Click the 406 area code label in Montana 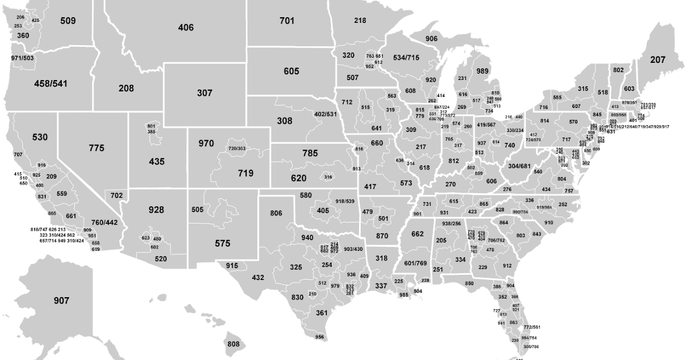(186, 27)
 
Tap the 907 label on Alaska (62, 301)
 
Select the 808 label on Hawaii (233, 344)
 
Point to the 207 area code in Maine (657, 59)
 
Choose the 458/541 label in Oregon (50, 83)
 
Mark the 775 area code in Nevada (97, 148)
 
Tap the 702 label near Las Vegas (117, 195)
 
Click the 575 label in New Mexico (222, 243)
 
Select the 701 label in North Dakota (287, 21)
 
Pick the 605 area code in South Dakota (291, 71)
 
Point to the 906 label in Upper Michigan (432, 39)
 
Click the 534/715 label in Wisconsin (406, 58)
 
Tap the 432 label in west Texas (258, 278)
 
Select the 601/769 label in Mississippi (416, 263)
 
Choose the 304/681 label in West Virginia (520, 166)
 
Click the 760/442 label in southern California (104, 222)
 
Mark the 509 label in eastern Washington (67, 21)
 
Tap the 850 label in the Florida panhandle (469, 283)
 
